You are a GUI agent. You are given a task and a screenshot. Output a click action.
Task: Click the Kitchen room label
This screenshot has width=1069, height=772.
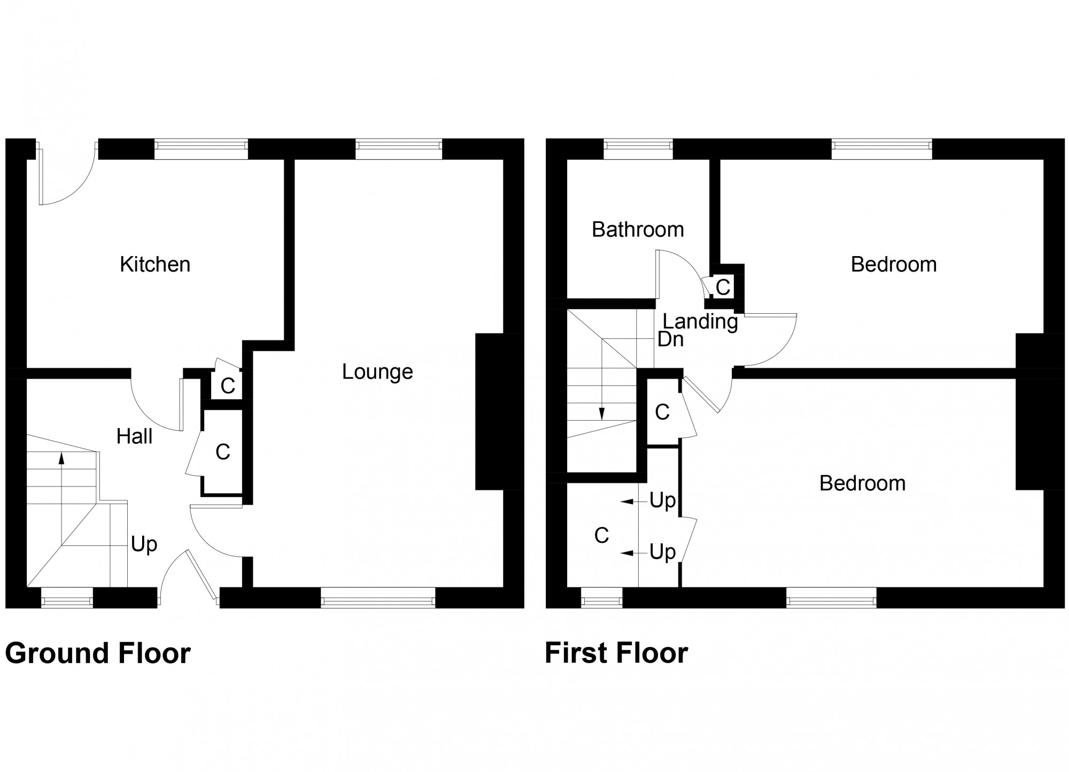[x=155, y=265]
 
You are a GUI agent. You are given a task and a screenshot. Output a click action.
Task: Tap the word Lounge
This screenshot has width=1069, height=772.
[x=377, y=372]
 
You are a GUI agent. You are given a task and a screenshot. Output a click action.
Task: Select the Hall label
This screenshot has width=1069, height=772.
[x=134, y=437]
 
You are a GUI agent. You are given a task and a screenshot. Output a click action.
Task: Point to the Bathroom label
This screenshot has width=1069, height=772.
[x=638, y=230]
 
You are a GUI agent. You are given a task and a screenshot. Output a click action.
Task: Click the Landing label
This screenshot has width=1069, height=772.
[x=700, y=321]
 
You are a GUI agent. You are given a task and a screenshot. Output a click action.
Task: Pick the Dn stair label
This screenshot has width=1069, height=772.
[x=670, y=339]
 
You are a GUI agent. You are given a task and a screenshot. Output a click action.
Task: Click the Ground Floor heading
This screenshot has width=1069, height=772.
[x=98, y=653]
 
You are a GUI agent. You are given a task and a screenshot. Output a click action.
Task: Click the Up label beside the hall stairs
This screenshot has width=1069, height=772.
[x=144, y=545]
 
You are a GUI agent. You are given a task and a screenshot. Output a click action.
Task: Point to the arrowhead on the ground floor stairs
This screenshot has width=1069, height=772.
[x=61, y=458]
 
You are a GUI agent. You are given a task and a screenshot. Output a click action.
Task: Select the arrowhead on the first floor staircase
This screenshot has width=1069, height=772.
[x=602, y=413]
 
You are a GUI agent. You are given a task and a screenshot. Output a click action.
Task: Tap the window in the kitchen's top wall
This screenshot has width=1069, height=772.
[x=201, y=149]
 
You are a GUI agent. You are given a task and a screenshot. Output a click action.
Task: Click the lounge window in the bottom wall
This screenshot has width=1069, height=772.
[x=378, y=598]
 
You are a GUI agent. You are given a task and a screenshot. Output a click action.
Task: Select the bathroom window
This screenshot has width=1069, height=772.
[x=638, y=149]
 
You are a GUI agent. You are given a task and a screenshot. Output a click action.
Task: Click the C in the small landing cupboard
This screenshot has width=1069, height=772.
[x=723, y=288]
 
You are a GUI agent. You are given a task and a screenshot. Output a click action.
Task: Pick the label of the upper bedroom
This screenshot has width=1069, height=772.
[x=894, y=265]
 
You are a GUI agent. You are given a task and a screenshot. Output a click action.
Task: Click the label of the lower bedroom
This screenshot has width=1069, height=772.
[x=862, y=484]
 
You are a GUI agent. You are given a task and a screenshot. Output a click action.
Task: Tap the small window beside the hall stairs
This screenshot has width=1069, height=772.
[x=67, y=598]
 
